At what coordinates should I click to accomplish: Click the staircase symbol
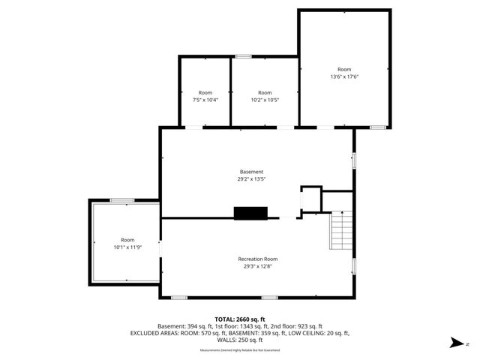pyautogui.click(x=341, y=229)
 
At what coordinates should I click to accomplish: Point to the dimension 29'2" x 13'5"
pyautogui.click(x=252, y=178)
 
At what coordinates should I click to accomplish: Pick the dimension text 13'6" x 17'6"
pyautogui.click(x=344, y=76)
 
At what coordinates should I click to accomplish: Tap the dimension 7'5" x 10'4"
pyautogui.click(x=205, y=99)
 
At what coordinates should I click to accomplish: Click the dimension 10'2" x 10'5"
pyautogui.click(x=264, y=99)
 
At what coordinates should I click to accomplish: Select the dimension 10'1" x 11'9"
pyautogui.click(x=127, y=247)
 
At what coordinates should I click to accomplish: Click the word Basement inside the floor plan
pyautogui.click(x=252, y=172)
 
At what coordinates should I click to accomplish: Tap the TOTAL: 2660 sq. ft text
pyautogui.click(x=240, y=319)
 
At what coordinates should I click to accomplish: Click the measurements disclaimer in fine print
pyautogui.click(x=240, y=350)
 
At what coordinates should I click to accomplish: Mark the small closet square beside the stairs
pyautogui.click(x=310, y=199)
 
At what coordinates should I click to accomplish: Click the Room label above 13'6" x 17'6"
pyautogui.click(x=344, y=69)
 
